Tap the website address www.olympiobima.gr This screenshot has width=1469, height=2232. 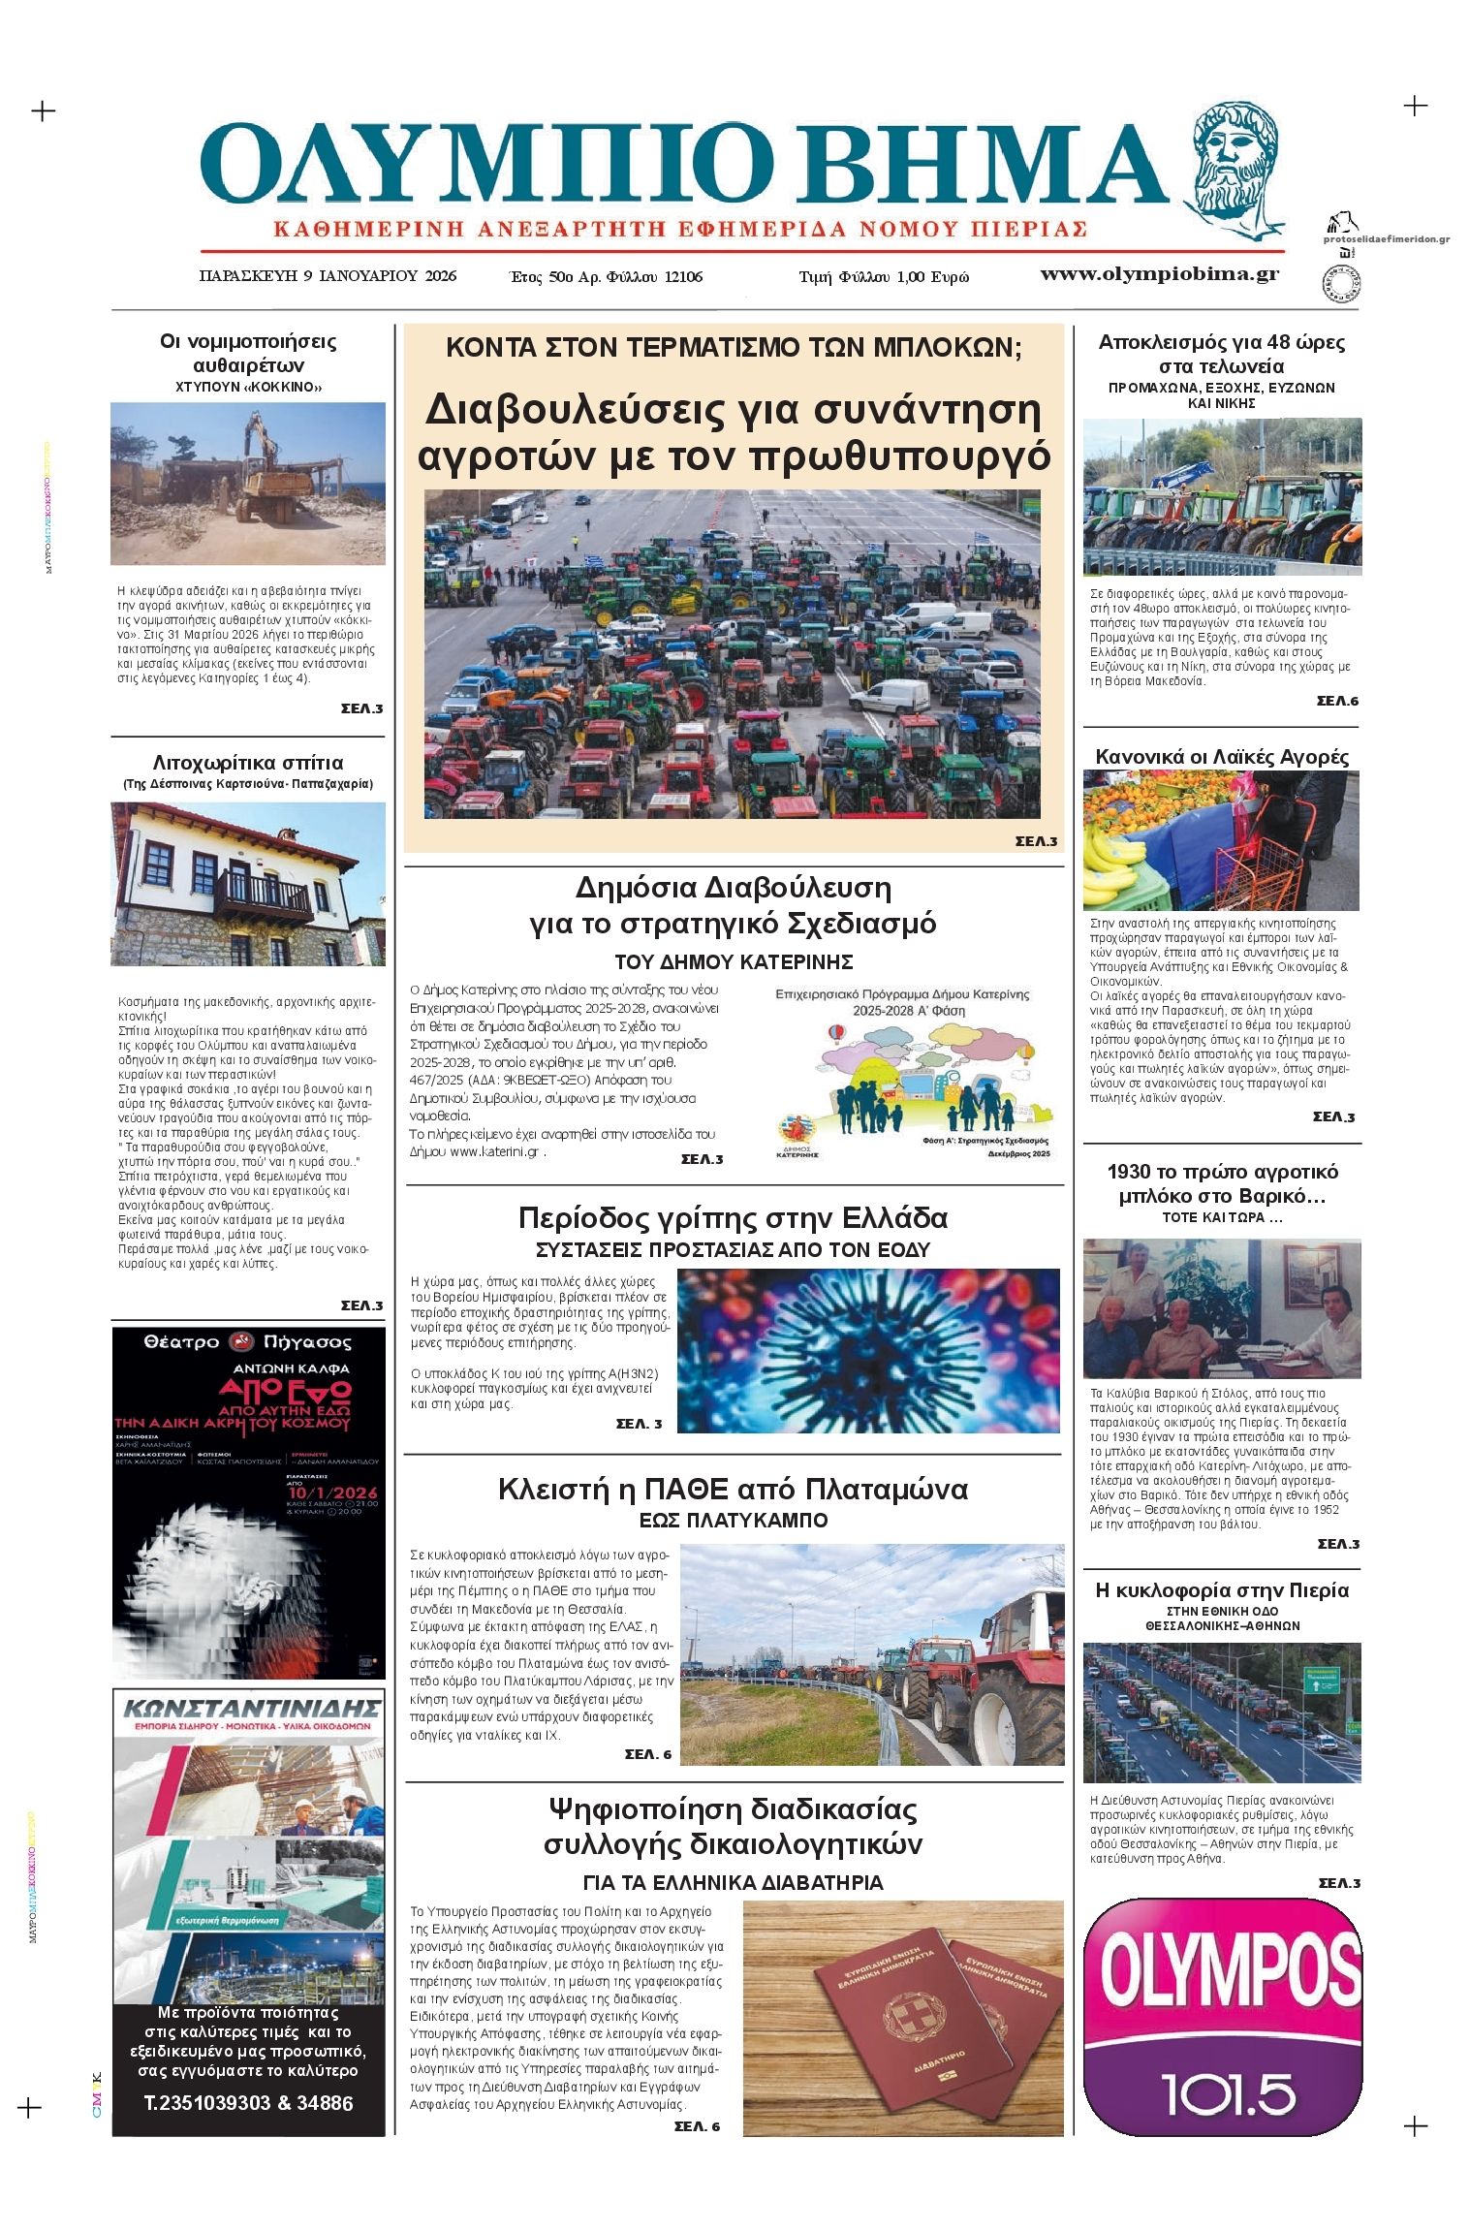coord(1159,274)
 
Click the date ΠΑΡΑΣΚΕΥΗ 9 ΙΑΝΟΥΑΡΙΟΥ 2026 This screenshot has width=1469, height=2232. coord(328,276)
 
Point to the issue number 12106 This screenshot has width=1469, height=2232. coord(683,277)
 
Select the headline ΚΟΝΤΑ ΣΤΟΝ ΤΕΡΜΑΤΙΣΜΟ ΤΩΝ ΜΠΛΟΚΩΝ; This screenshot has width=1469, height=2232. coord(734,347)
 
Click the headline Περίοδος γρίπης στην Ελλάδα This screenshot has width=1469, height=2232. coord(733,1217)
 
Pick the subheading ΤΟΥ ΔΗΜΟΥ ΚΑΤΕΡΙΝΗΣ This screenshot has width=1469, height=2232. coord(734,962)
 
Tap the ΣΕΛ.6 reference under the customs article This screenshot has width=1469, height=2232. coord(1337,701)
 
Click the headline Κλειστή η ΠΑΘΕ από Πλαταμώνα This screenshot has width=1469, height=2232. coord(733,1490)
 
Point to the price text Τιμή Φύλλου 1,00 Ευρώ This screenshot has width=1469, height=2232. coord(883,277)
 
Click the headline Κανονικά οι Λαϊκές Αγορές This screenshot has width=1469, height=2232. coord(1221,757)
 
